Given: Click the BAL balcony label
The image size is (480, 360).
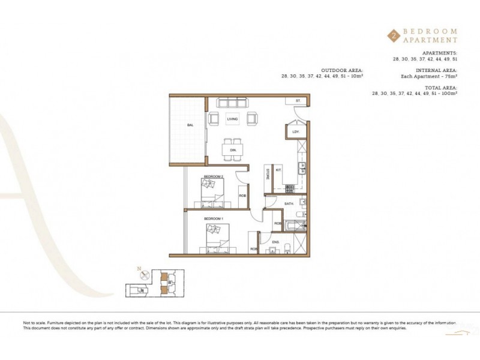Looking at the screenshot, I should click(190, 125).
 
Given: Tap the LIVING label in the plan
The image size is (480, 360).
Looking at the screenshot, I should click(232, 119).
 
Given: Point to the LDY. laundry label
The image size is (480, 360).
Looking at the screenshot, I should click(296, 131).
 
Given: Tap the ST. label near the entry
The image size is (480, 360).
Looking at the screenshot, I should click(297, 101).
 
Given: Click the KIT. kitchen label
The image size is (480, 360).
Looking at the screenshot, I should click(278, 170).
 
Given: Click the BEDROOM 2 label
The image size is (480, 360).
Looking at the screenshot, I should click(213, 176).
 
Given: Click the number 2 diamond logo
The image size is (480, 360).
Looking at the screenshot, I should click(393, 35).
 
